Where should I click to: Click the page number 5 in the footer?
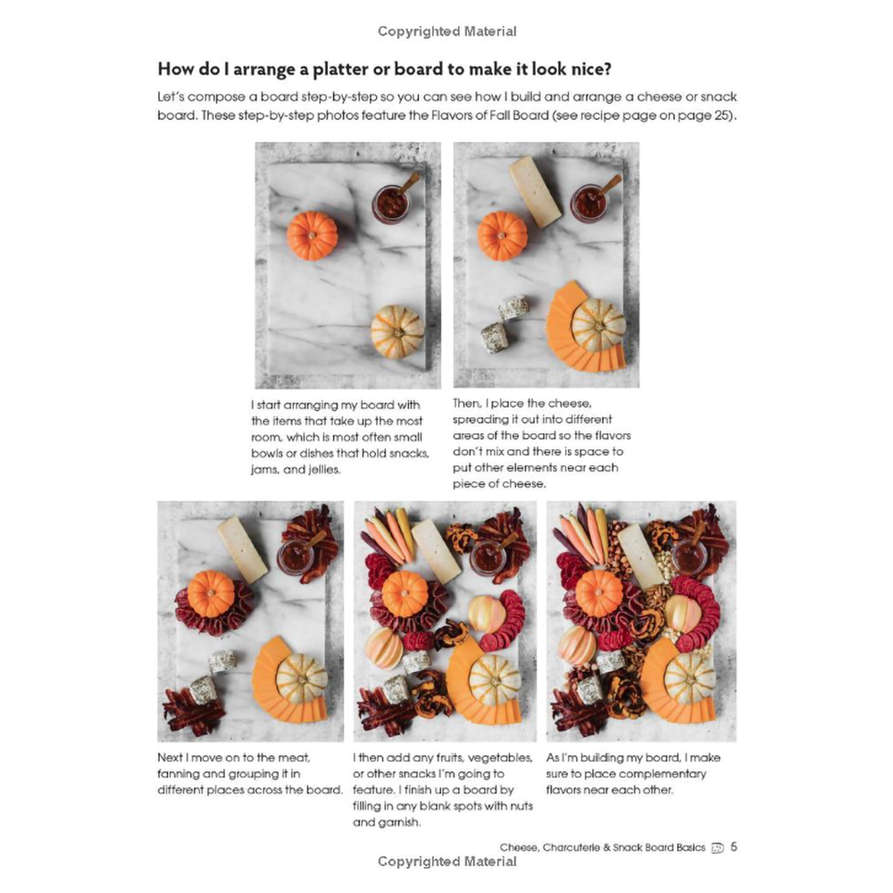pos(733,847)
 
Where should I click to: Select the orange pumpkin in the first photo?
pos(312,236)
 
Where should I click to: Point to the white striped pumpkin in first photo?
pos(397,331)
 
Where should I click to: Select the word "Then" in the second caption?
pos(466,404)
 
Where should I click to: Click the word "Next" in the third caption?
pos(170,757)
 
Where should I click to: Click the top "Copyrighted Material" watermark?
pos(447,31)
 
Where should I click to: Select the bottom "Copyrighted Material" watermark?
pos(447,862)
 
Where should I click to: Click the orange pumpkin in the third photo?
pos(211,594)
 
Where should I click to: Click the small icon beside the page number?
pos(718,848)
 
